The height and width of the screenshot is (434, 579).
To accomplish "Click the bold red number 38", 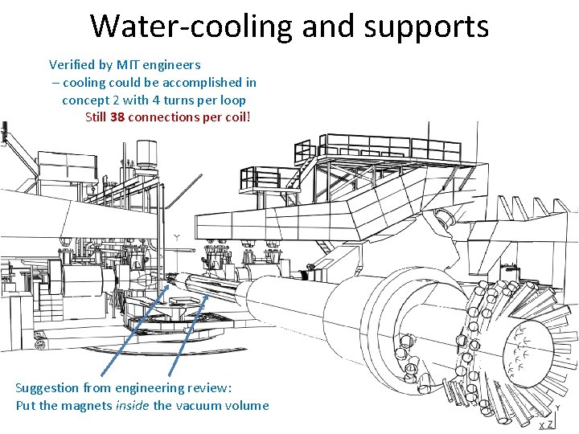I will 117,117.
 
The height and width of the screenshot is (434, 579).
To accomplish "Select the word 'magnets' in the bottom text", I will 88,405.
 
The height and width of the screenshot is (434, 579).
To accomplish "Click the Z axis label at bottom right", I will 550,424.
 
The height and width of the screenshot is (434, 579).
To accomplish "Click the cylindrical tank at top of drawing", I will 147,154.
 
